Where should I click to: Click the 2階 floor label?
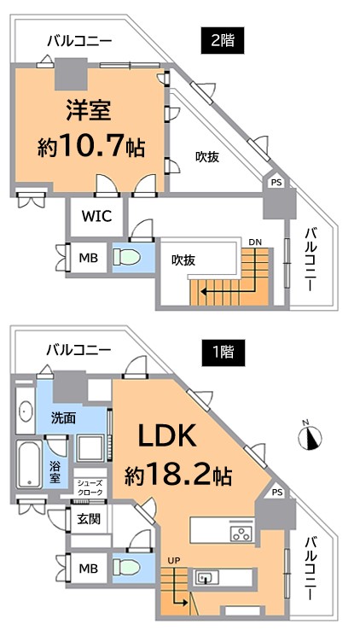coord(223,41)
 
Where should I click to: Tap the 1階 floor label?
coord(223,353)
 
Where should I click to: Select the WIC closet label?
coord(96,216)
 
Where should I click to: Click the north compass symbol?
coord(311,437)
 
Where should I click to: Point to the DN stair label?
coord(255,242)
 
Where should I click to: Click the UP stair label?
coord(175,560)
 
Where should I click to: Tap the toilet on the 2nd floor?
coord(126,257)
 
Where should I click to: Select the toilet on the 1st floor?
coord(126,569)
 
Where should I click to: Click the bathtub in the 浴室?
coord(29,465)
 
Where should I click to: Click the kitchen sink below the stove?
coord(206,577)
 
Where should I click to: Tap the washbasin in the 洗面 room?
coord(26,411)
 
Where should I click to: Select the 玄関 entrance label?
coord(89,519)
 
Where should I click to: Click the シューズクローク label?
coord(90,487)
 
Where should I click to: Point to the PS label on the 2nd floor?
coord(276,183)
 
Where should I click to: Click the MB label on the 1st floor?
coord(89,569)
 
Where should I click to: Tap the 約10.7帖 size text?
coord(90,149)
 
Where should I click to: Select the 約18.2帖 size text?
coord(177,476)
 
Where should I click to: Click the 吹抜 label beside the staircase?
coord(183,260)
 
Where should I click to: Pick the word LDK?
coord(167,435)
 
